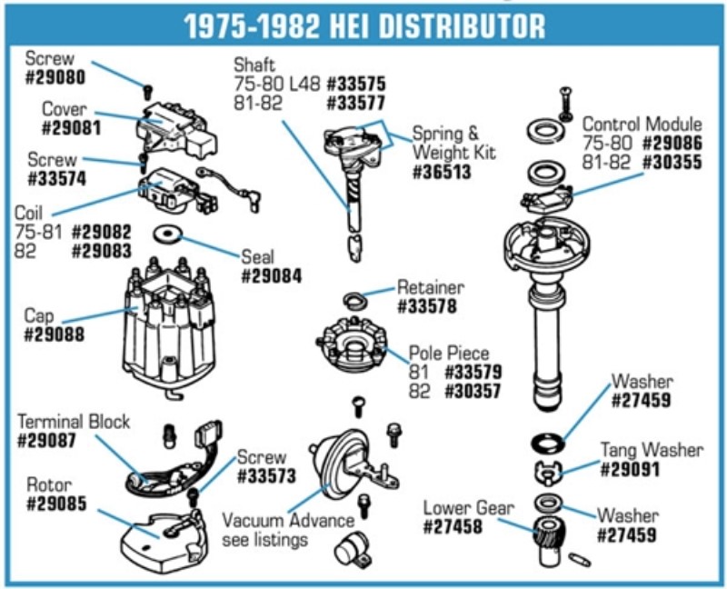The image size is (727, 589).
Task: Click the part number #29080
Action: click(x=55, y=77)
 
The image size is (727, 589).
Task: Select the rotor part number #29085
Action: click(x=56, y=504)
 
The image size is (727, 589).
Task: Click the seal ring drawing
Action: click(x=167, y=235)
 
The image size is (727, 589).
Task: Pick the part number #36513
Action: click(x=442, y=172)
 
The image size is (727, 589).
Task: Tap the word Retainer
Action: click(x=430, y=287)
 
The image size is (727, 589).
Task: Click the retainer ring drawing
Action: click(x=355, y=301)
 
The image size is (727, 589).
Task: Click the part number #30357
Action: click(x=473, y=392)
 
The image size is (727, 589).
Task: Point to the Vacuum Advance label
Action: click(x=288, y=521)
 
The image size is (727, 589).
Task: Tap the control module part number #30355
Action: click(x=672, y=163)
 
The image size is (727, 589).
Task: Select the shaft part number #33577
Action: click(x=356, y=103)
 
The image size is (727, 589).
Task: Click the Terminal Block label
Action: click(x=74, y=422)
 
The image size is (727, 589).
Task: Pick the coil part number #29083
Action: click(x=102, y=251)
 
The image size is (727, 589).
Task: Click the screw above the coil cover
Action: click(x=148, y=92)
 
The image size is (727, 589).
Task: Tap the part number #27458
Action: click(x=453, y=527)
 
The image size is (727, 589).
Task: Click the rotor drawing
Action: click(x=163, y=543)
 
